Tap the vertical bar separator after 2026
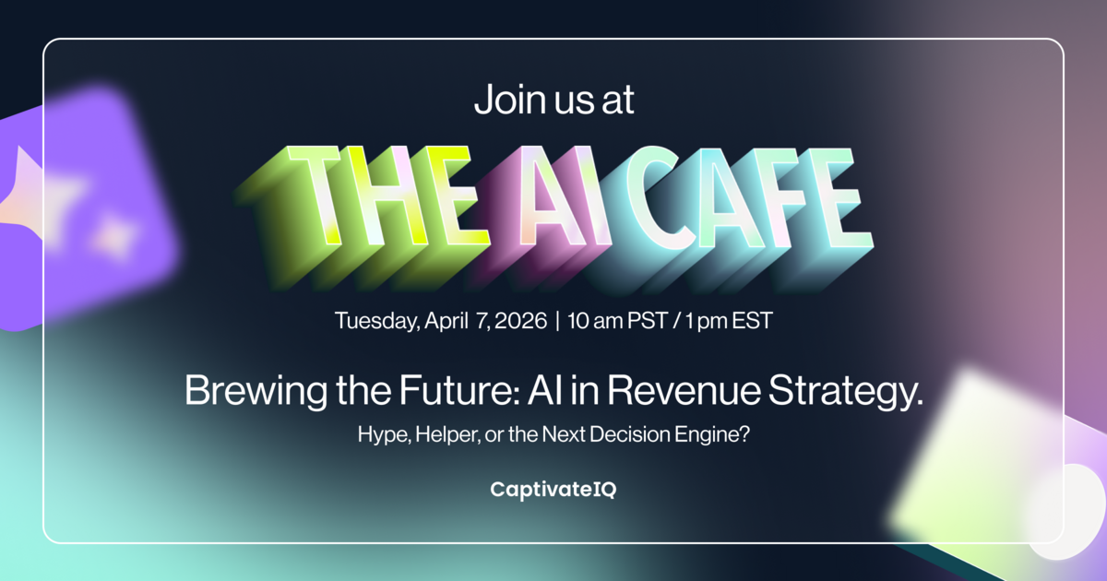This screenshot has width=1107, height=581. (x=558, y=321)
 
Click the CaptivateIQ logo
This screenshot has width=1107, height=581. (x=553, y=490)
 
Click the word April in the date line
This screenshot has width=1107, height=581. (x=449, y=321)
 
